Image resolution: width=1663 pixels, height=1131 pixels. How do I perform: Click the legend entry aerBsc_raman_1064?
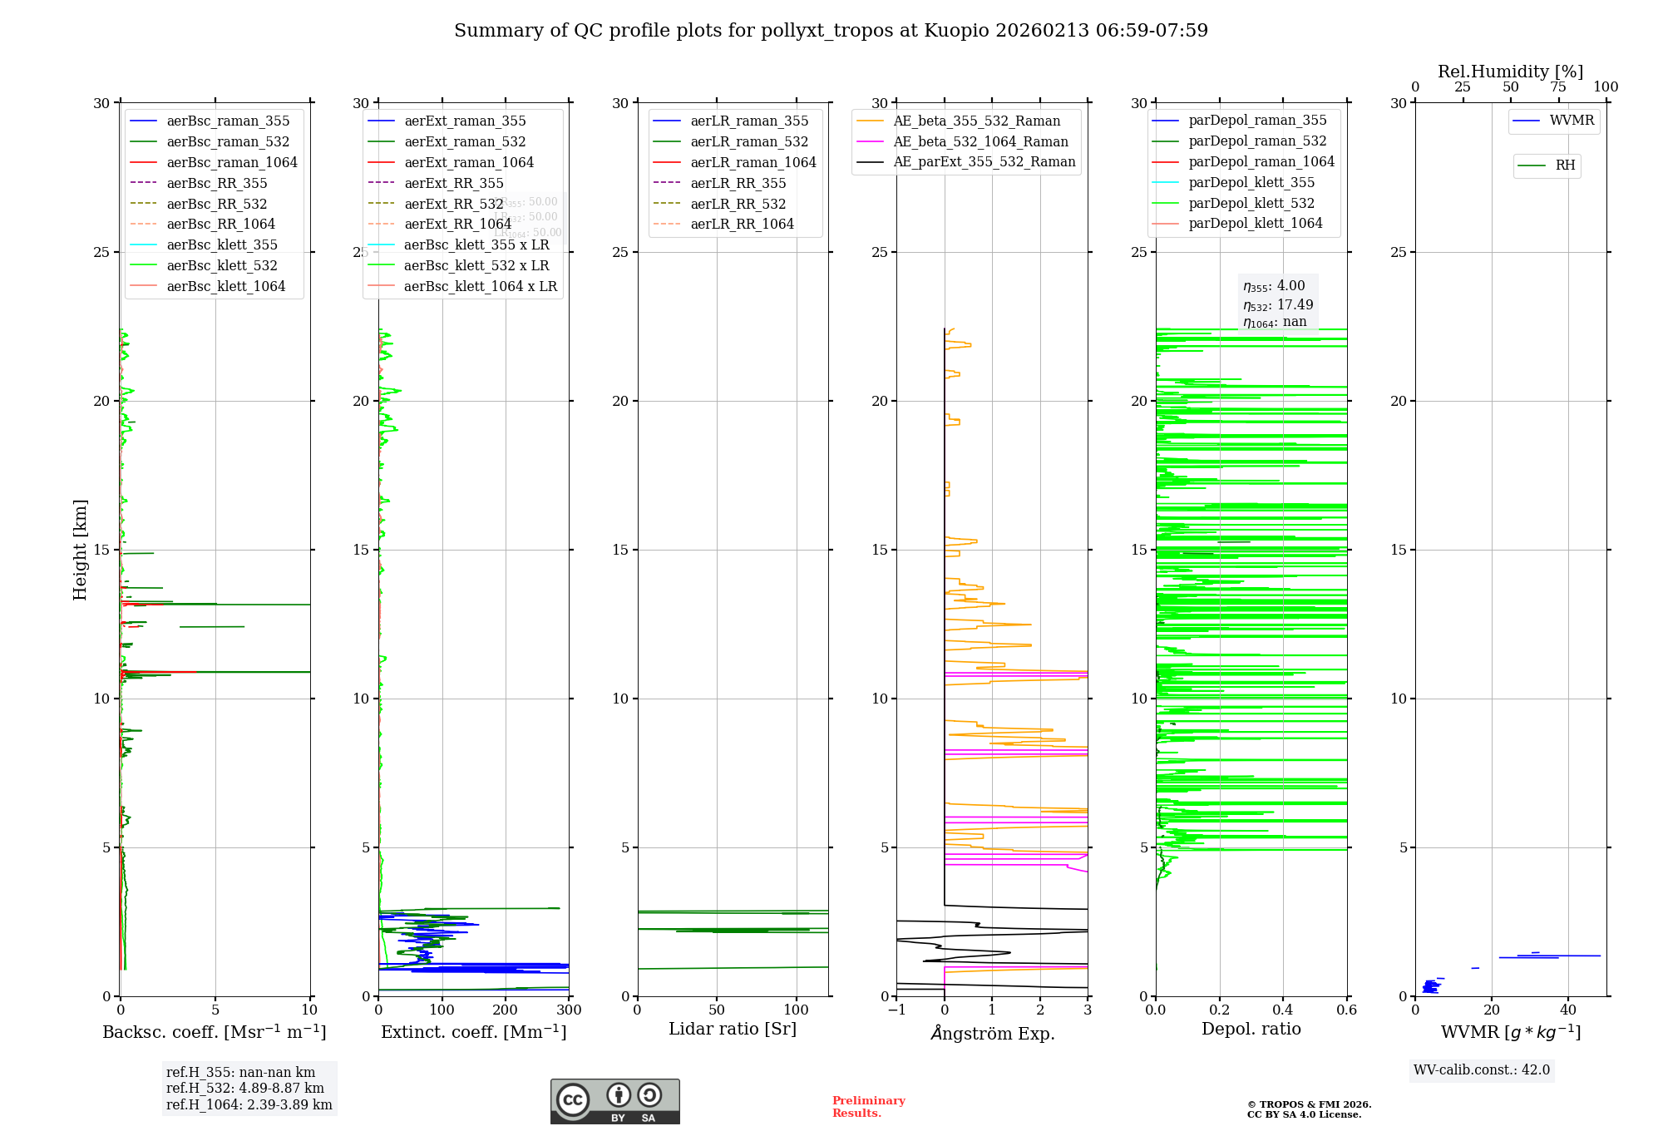click(x=231, y=162)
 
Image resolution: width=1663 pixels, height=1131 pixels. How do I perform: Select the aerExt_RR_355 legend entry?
click(x=453, y=183)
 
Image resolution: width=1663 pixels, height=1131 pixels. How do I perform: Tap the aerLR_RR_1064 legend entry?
click(x=742, y=224)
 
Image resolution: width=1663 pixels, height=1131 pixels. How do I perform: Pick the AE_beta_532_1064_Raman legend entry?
click(x=980, y=141)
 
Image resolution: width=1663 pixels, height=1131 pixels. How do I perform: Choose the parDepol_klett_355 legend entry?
click(x=1251, y=182)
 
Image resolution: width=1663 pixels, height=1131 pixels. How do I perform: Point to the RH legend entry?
click(x=1565, y=165)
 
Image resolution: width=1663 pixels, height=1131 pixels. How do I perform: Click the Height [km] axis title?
click(x=80, y=550)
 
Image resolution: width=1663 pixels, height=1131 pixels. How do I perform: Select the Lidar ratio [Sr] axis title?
click(x=733, y=1029)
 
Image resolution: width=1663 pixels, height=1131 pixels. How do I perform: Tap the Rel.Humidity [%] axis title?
click(x=1510, y=72)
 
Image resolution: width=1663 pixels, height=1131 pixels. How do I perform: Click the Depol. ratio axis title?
click(x=1251, y=1029)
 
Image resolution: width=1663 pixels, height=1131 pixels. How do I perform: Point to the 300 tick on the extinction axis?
click(x=569, y=1010)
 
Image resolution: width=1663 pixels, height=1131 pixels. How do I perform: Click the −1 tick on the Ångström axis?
click(x=896, y=1010)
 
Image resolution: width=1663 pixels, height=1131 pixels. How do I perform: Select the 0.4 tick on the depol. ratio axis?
click(x=1283, y=1010)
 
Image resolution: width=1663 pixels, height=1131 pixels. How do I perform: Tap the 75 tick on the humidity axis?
click(x=1558, y=86)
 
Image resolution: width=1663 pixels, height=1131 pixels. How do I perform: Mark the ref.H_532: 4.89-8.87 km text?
click(x=244, y=1088)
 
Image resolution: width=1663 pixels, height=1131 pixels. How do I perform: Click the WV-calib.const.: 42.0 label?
click(x=1482, y=1069)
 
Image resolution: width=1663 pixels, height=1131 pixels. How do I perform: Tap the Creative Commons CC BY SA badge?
click(x=614, y=1101)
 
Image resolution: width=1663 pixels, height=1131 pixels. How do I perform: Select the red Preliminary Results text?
click(x=868, y=1106)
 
